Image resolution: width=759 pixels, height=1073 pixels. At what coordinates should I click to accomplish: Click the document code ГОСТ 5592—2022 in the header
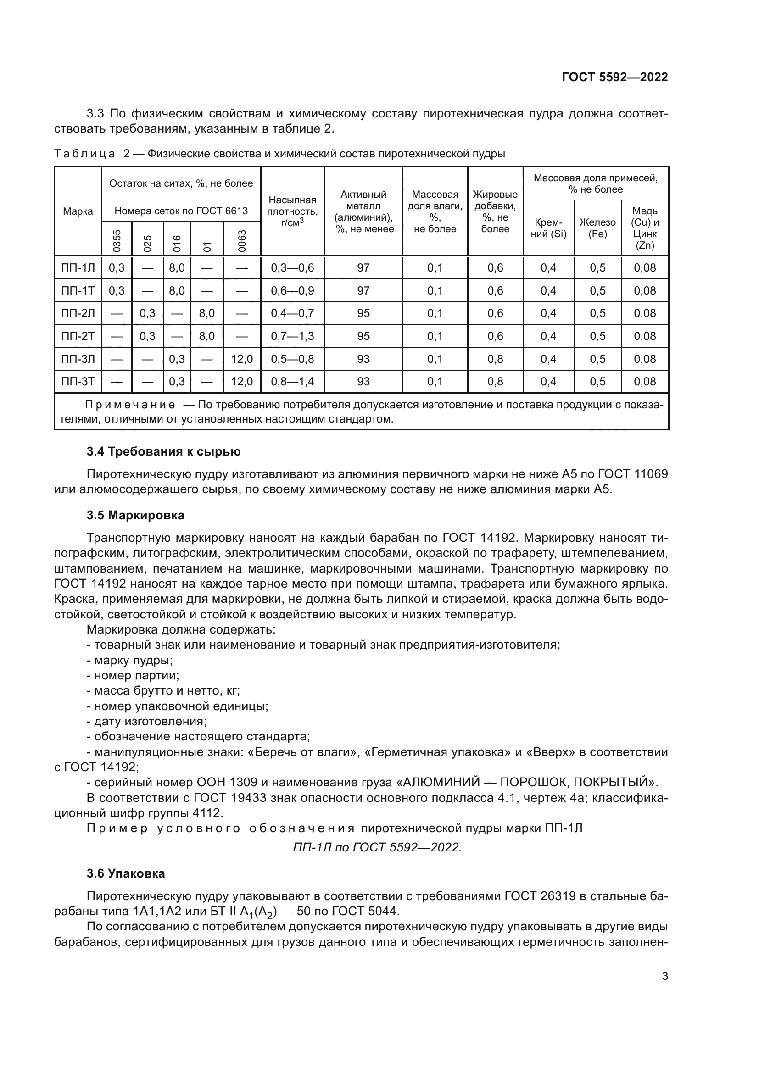[x=614, y=77]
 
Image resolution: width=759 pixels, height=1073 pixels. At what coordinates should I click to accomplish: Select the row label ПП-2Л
[x=78, y=313]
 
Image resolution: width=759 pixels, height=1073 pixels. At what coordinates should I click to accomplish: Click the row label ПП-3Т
[x=78, y=381]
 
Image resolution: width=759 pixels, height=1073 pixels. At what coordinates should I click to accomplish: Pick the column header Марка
[x=78, y=211]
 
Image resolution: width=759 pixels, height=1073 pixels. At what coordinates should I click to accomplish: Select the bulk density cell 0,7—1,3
[x=293, y=336]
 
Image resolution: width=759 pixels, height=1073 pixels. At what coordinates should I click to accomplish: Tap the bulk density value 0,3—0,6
[x=293, y=268]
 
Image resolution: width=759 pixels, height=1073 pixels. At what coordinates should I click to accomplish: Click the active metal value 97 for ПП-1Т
[x=363, y=291]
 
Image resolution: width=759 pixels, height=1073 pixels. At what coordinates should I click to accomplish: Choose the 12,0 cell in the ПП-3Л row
[x=242, y=359]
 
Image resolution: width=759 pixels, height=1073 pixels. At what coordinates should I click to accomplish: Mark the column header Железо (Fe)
[x=597, y=228]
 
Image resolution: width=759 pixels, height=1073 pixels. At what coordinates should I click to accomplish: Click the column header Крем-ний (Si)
[x=548, y=228]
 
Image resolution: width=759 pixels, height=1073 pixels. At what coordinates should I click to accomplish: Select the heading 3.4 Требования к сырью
[x=163, y=451]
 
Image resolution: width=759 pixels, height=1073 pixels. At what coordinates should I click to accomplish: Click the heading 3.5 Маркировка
[x=135, y=515]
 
